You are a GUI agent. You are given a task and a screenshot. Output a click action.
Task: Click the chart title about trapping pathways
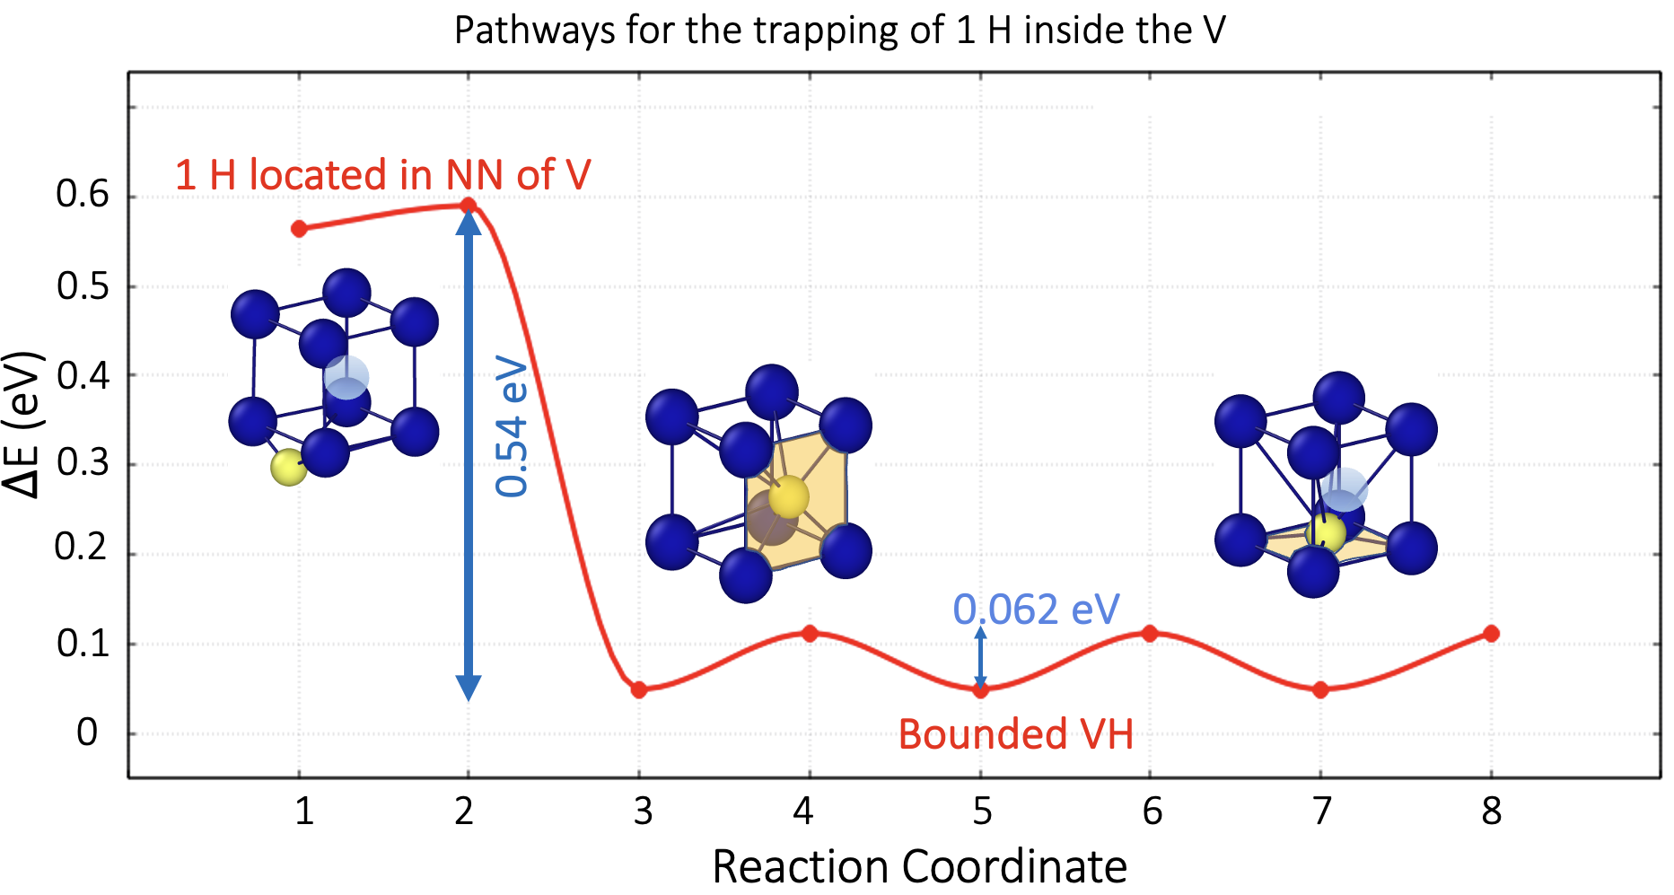[839, 31]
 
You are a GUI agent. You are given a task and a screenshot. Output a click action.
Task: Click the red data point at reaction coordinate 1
[299, 229]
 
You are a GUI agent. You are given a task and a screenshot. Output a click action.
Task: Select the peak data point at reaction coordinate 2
[468, 206]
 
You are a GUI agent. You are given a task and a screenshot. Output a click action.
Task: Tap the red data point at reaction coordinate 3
[639, 689]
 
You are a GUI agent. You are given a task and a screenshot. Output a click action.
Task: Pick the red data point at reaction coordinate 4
[810, 634]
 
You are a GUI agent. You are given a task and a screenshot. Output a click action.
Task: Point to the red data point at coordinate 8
[1491, 634]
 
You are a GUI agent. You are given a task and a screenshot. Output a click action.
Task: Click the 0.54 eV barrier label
[513, 426]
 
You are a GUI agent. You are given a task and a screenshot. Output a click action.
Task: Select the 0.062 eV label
[1036, 610]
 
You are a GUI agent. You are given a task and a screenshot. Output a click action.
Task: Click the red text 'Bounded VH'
[1015, 734]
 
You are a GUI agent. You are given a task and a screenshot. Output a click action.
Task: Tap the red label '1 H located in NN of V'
[382, 175]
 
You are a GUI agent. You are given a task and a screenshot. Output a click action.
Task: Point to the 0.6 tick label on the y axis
[83, 194]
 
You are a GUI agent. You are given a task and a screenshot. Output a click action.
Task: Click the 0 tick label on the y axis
[87, 733]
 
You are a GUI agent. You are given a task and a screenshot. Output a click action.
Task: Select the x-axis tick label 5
[982, 812]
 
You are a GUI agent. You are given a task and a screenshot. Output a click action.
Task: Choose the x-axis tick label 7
[1321, 812]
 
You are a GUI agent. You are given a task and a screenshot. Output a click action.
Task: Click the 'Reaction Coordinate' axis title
[919, 867]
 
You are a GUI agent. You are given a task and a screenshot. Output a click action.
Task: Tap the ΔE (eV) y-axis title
[23, 424]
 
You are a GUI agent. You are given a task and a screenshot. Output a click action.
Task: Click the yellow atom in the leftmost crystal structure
[288, 467]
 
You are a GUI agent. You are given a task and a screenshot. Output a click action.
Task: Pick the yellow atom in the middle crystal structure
[789, 496]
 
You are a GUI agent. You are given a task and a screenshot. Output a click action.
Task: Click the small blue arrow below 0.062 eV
[980, 658]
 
